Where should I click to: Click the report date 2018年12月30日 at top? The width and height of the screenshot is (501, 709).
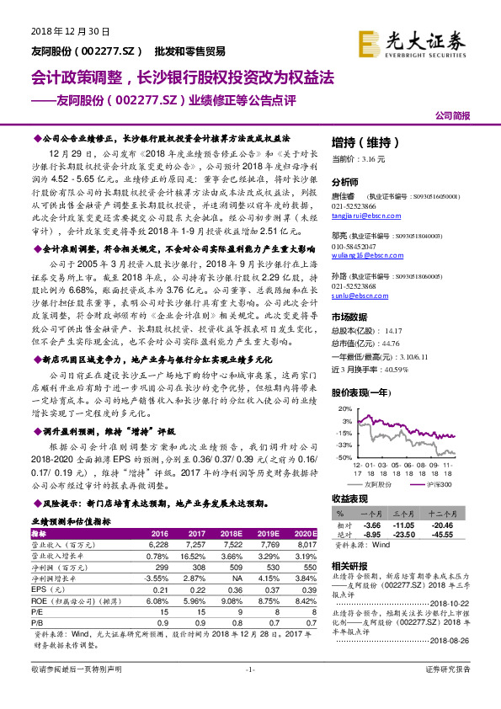pyautogui.click(x=71, y=32)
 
